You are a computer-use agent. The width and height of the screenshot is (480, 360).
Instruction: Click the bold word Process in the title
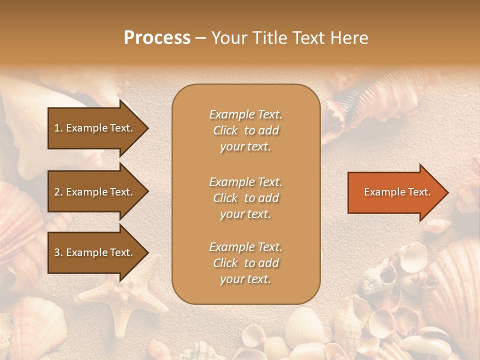point(157,37)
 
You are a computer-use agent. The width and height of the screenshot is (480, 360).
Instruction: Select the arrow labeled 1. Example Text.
point(95,128)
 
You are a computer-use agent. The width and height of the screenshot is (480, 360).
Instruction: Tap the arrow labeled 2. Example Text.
point(95,192)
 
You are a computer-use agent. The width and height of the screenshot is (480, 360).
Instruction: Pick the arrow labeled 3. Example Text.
point(95,252)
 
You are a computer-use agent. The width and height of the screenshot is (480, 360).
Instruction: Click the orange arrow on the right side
point(395,192)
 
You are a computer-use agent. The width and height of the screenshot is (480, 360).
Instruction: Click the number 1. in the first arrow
point(58,128)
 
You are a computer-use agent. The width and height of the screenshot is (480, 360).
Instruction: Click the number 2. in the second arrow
point(58,192)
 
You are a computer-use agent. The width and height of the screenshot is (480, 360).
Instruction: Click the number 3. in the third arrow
point(58,252)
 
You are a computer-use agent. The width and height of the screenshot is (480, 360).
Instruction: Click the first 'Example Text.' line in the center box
point(245,114)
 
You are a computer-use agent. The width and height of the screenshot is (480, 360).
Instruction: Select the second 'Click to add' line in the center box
point(245,198)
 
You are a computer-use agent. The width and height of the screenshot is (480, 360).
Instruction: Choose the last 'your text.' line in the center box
point(245,279)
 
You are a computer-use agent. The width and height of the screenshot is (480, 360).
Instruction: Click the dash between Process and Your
point(200,38)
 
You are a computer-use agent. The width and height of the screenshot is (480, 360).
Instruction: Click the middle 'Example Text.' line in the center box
point(245,182)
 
